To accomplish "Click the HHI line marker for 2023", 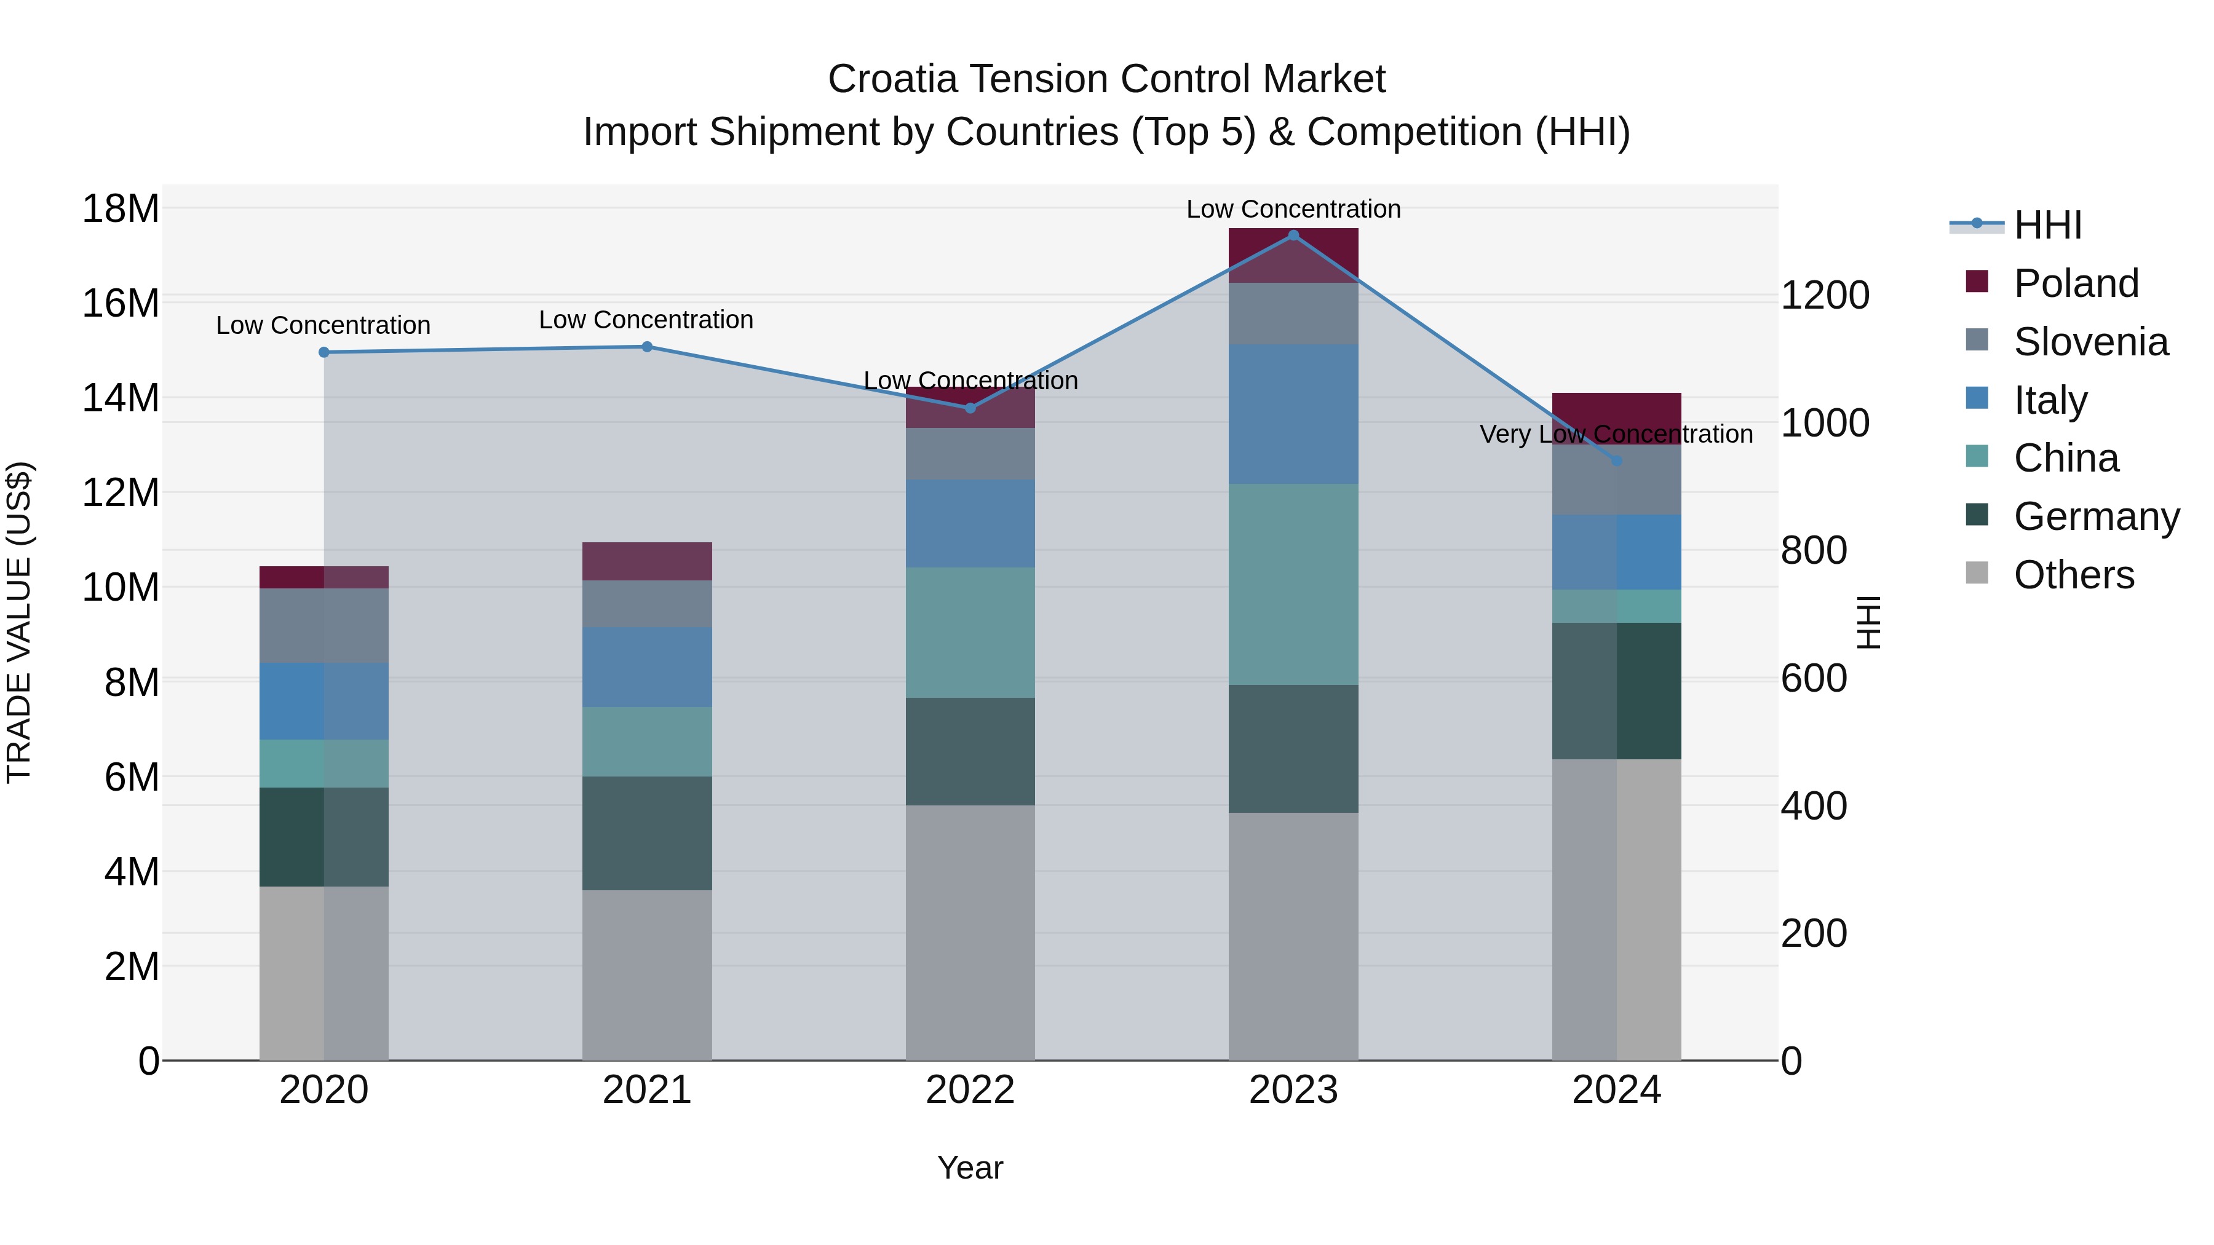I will click(1293, 235).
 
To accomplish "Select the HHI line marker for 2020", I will click(324, 352).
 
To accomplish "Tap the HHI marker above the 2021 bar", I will click(647, 347).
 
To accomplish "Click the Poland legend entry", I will click(2075, 283).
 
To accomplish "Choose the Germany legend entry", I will click(2095, 516).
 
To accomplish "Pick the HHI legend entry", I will click(2046, 225).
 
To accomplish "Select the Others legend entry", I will click(2073, 575).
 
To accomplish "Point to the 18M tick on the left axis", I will click(121, 209).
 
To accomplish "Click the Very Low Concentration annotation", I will click(1616, 434).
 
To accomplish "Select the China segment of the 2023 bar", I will click(1293, 584).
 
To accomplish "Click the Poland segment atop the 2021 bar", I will click(647, 561).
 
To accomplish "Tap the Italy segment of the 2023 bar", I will click(1293, 414).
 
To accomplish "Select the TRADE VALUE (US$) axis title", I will click(19, 622).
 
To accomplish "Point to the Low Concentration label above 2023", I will click(1293, 209).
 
